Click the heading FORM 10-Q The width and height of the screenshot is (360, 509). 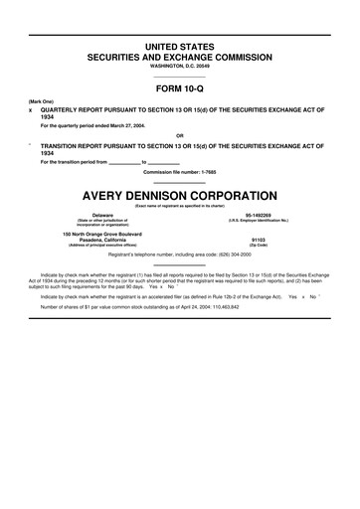[180, 88]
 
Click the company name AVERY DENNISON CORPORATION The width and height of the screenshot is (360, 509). [180, 195]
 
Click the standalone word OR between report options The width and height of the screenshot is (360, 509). [180, 136]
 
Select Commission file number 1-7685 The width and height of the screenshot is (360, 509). [180, 172]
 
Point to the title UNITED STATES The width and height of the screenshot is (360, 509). [180, 47]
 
